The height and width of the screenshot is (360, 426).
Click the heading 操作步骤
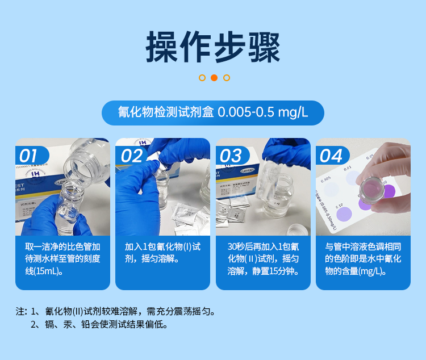(213, 47)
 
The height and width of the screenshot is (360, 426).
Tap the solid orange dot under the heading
(214, 78)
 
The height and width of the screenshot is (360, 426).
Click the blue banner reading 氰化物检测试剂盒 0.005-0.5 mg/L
(213, 112)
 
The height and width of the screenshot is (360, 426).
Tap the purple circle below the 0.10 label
(344, 215)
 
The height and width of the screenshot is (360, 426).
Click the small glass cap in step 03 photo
(295, 230)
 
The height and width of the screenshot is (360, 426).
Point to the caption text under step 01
(62, 259)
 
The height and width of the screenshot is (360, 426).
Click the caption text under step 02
(162, 253)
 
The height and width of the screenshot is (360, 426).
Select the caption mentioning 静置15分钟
(263, 259)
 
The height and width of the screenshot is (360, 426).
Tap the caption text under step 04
(363, 259)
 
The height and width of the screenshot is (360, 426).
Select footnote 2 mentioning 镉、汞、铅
(99, 325)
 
